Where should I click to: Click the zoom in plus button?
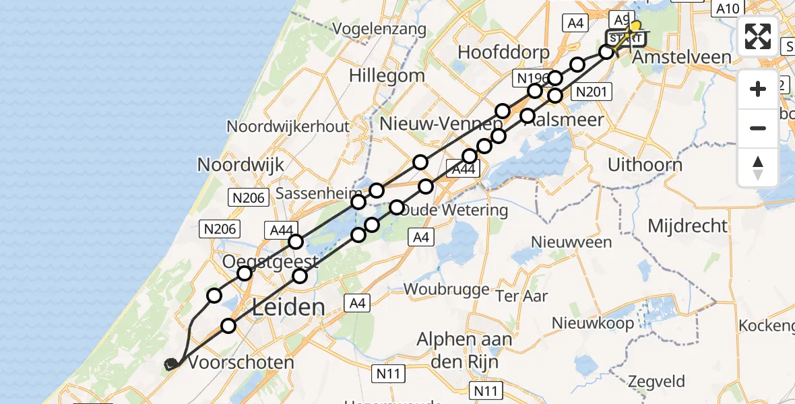pos(758,90)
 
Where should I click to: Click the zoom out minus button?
pos(758,128)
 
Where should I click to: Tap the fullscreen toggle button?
pos(758,36)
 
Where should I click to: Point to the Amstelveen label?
pos(681,57)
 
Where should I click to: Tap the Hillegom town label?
pos(387,75)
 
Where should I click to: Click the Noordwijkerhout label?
pos(288,127)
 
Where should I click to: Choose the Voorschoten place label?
pos(241,362)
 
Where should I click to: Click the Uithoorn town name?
pos(645,165)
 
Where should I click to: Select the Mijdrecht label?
pos(688,226)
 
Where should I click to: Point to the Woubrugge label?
pos(446,289)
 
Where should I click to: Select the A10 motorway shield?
pos(728,9)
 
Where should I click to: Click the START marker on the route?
pos(625,38)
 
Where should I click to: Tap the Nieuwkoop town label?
pos(593,323)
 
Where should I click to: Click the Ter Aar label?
pos(521,296)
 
